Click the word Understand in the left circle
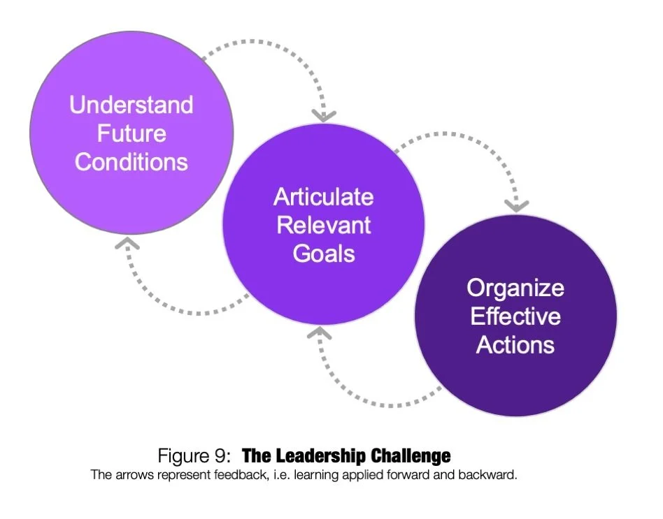131,105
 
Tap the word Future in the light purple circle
131,133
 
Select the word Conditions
131,162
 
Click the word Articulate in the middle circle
323,197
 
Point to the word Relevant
323,225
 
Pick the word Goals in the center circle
323,253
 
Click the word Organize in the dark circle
515,288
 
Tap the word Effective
515,316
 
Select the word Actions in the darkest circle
515,345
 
